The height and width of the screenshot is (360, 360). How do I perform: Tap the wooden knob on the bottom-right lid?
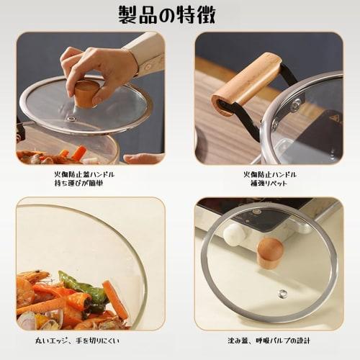pyautogui.click(x=269, y=253)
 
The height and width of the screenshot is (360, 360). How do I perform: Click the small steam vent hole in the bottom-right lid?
pyautogui.click(x=283, y=293)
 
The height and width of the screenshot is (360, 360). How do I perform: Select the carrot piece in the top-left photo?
pyautogui.click(x=78, y=153)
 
